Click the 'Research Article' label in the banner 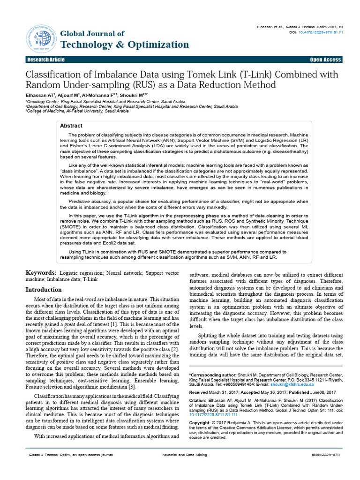click(46, 60)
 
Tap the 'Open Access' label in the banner click(325, 60)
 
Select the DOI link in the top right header click(319, 32)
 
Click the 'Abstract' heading click(71, 126)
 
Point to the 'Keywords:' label click(41, 272)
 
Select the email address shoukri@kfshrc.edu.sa click(294, 384)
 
